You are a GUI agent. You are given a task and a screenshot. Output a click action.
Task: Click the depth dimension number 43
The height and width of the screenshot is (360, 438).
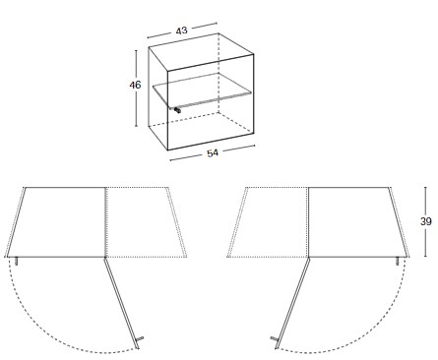click(181, 31)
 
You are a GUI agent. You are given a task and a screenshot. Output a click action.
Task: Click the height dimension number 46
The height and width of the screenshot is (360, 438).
click(135, 86)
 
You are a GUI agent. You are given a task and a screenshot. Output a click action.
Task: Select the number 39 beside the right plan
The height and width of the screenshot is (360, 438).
click(425, 222)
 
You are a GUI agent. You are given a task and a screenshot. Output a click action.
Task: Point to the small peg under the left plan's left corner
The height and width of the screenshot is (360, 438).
click(18, 261)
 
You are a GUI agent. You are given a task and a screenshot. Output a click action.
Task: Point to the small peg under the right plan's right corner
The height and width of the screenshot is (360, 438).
click(398, 261)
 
